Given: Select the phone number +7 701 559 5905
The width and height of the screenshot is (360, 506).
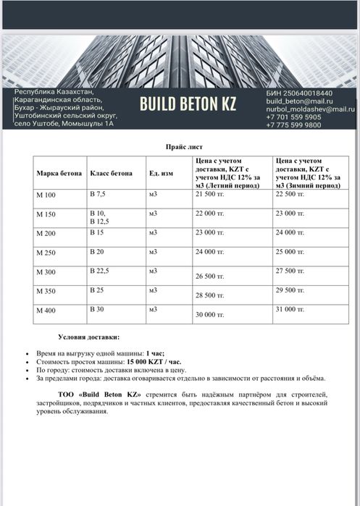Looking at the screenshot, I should [293, 117].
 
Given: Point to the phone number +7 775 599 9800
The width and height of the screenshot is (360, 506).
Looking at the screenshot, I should [293, 125].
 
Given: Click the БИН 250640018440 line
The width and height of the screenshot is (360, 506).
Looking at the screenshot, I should [299, 93].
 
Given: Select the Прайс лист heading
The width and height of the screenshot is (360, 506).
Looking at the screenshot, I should [179, 146].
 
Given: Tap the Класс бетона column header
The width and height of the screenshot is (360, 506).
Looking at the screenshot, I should [111, 173].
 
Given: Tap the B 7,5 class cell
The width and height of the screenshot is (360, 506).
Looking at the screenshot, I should [98, 194].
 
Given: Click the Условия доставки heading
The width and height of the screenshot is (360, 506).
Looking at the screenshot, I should [89, 337].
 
